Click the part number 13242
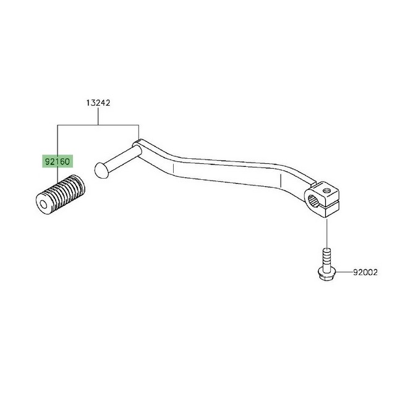(98, 103)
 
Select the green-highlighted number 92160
(57, 161)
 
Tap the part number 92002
(365, 272)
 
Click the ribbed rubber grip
(61, 195)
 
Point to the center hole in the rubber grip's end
(43, 206)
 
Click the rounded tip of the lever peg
(100, 171)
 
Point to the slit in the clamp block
(330, 203)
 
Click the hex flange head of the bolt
(326, 274)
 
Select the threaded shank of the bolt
(326, 259)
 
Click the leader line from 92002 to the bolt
(344, 272)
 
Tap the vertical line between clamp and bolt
(326, 234)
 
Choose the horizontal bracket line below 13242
(98, 125)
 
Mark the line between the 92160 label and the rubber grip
(57, 175)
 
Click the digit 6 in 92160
(62, 162)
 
